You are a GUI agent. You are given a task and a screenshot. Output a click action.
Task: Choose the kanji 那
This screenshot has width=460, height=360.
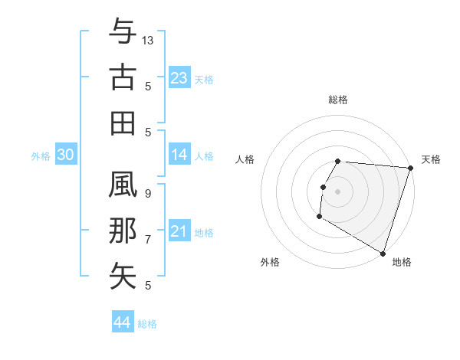pyautogui.click(x=123, y=231)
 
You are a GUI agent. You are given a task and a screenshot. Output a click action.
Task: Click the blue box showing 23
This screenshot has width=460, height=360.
pyautogui.click(x=179, y=77)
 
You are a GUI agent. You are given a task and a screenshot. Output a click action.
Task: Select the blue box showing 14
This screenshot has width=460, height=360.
pyautogui.click(x=179, y=155)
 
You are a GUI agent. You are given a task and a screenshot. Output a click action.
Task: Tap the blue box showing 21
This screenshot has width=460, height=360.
pyautogui.click(x=179, y=231)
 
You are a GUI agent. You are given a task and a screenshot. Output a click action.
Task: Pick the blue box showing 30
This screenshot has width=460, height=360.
pyautogui.click(x=65, y=155)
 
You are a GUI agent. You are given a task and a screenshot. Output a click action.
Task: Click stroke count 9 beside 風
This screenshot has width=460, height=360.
pyautogui.click(x=148, y=194)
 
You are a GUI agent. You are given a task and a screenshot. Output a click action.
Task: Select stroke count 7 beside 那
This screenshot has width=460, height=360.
pyautogui.click(x=148, y=240)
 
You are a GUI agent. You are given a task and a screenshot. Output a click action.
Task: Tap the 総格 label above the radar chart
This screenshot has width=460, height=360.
pyautogui.click(x=338, y=100)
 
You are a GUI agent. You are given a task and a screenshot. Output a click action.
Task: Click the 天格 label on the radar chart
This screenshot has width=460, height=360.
pyautogui.click(x=431, y=159)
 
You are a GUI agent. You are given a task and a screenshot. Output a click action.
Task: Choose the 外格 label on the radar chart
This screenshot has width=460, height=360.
pyautogui.click(x=270, y=262)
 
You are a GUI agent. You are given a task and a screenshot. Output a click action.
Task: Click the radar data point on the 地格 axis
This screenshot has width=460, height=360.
pyautogui.click(x=383, y=253)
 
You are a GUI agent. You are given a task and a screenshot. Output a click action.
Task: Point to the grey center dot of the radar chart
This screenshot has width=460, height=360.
pyautogui.click(x=338, y=191)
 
